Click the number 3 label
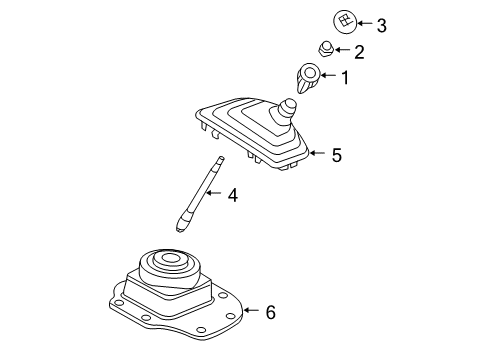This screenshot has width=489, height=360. pos(381,23)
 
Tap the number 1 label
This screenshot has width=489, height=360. pos(345,76)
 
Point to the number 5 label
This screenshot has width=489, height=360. pos(337,155)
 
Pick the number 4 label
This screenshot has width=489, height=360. pos(232,196)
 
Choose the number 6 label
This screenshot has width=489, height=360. pos(269,313)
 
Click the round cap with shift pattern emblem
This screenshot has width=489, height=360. pos(343,21)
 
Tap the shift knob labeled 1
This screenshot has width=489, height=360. pos(310,76)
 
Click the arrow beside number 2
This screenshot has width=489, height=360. pos(344,49)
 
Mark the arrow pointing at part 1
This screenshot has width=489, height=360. pos(329,76)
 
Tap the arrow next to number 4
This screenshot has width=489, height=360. pos(214,196)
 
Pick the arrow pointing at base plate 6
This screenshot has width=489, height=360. pos(249,313)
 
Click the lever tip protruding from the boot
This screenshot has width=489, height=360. pos(290,107)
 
